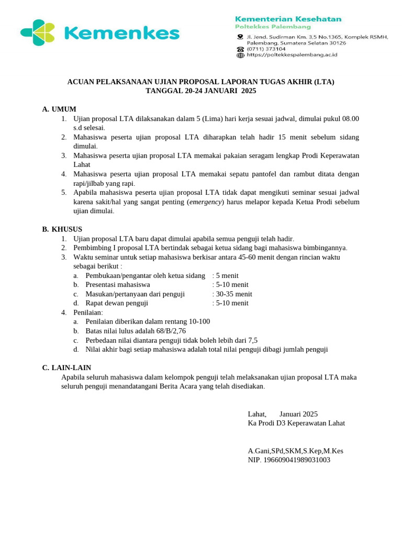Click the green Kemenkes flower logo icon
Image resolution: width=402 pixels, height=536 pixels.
(38, 33)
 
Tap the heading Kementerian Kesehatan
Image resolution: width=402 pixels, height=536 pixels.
(288, 19)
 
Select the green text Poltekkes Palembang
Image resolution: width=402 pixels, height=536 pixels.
(273, 27)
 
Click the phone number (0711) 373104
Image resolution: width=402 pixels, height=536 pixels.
(266, 49)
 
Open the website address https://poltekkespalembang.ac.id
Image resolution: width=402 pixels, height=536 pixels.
(292, 54)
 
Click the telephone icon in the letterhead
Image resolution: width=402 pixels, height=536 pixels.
(240, 49)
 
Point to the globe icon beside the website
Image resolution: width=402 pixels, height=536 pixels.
(240, 55)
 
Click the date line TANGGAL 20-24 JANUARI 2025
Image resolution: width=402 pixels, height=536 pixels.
(200, 91)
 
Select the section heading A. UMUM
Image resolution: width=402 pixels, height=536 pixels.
(59, 109)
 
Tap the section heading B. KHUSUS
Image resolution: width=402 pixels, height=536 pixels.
(62, 229)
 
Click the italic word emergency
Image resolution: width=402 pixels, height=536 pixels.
(206, 202)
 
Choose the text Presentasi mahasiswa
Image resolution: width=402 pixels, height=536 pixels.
(118, 285)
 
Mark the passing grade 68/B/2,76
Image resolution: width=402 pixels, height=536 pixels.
(166, 331)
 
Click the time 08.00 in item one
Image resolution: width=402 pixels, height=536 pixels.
(350, 119)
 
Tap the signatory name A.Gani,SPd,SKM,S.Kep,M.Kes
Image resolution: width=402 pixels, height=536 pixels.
(295, 451)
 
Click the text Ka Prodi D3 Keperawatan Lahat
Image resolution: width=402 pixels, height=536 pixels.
(296, 423)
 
